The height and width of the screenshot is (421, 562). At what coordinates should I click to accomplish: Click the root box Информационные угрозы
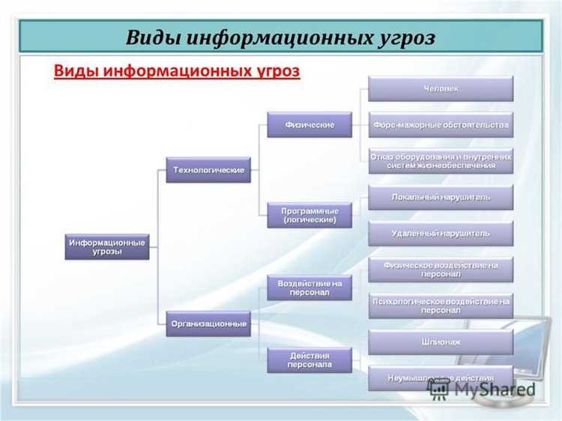tap(106, 247)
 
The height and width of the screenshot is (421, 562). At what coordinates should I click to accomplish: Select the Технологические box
tap(208, 170)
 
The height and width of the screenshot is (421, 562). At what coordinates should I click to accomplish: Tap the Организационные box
tap(208, 324)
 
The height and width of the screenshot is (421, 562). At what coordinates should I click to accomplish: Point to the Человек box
tap(441, 89)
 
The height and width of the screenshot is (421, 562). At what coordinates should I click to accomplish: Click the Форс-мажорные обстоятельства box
tap(441, 124)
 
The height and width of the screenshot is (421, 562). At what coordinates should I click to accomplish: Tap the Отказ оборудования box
tap(441, 160)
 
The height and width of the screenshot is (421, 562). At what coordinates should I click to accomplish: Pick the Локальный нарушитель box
tap(441, 197)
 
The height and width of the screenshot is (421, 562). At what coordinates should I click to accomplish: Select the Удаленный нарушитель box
tap(441, 233)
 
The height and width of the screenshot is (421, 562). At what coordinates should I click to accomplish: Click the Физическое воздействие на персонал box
tap(441, 270)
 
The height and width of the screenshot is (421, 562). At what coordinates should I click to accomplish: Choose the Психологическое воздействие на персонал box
tap(441, 306)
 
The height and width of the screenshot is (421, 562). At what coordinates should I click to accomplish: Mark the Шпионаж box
tap(441, 342)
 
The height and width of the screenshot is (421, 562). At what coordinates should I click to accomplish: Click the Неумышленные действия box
tap(441, 377)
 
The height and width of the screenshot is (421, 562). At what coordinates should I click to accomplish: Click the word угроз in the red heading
tap(271, 71)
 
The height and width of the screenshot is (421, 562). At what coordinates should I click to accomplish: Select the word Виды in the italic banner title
tap(155, 37)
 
